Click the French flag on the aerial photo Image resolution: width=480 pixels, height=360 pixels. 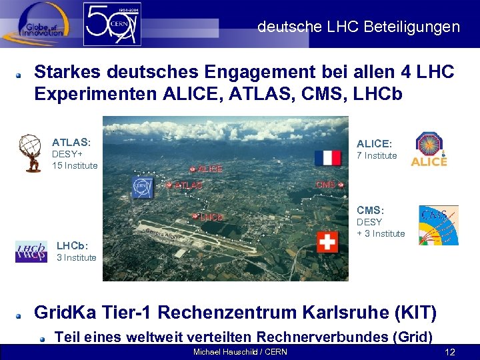(327, 157)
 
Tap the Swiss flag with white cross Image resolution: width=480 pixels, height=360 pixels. (327, 241)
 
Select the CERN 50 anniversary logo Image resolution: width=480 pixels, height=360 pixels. (112, 24)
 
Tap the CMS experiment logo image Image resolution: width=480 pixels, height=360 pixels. (438, 225)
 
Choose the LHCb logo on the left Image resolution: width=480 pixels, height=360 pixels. (31, 252)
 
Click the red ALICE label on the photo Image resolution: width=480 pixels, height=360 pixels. (209, 169)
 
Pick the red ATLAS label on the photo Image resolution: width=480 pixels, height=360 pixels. (188, 185)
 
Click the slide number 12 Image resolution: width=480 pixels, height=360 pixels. (450, 352)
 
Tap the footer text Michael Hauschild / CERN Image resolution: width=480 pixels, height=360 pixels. (240, 352)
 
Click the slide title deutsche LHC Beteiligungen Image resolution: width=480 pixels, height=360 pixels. (359, 27)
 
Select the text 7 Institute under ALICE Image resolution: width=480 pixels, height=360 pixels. (377, 156)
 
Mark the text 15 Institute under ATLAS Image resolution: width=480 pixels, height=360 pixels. (75, 165)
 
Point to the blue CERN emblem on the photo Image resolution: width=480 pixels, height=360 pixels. (142, 187)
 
